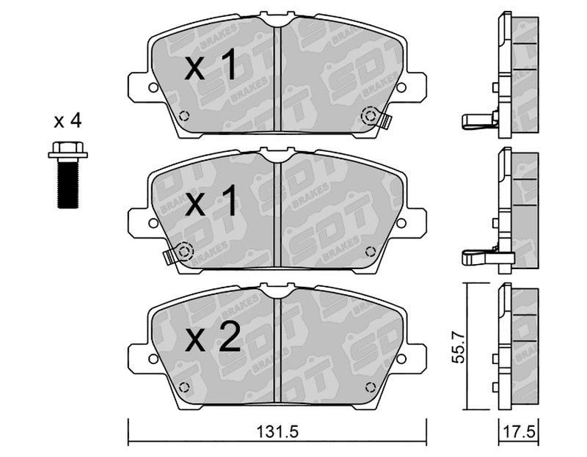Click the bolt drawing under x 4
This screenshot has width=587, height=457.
68,175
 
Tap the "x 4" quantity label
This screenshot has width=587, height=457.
68,121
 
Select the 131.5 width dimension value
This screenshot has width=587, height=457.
277,433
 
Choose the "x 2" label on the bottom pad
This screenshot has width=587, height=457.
212,337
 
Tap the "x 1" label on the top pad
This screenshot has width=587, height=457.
211,65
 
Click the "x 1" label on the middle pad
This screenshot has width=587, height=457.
211,200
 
